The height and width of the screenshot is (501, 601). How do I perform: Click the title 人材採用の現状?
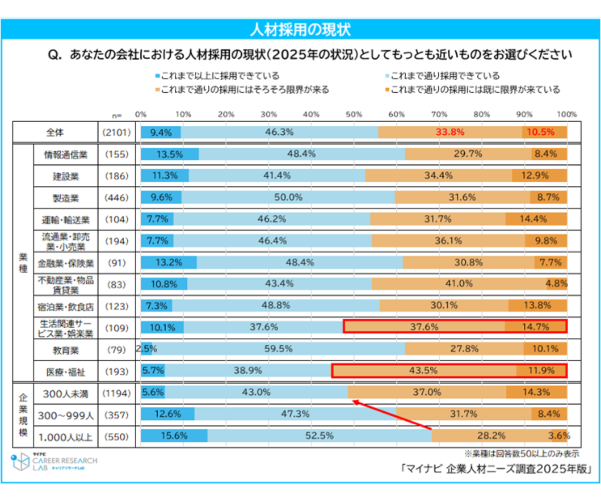300,29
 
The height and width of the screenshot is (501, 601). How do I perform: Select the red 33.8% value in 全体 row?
450,132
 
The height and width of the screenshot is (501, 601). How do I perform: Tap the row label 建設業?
65,176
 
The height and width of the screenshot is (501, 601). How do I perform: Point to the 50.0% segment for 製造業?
288,197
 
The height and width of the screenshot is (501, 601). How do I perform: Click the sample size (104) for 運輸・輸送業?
117,219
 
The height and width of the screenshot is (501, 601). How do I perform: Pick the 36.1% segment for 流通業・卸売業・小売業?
448,240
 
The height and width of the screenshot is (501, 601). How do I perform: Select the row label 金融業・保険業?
65,262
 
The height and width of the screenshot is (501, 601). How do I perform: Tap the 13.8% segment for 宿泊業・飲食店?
537,305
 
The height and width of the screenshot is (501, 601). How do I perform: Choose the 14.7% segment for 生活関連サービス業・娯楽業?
535,327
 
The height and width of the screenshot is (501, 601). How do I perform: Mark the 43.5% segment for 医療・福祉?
424,371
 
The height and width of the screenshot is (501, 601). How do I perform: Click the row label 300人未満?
65,393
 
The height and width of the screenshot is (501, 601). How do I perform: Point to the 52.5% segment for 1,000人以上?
319,435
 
